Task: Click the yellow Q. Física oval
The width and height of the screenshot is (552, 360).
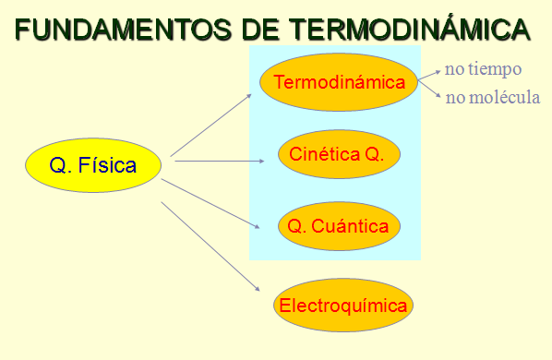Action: [93, 166]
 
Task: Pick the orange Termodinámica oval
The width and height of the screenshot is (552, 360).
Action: [340, 83]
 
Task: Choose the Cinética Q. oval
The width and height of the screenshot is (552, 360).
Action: [339, 153]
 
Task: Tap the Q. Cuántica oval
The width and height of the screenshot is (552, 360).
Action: [339, 225]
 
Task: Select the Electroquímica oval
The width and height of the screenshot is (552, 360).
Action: [343, 306]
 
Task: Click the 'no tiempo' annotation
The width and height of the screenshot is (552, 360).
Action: [483, 69]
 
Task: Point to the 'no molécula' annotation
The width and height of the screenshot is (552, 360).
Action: [492, 97]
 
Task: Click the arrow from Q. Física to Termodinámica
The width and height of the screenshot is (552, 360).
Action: [211, 123]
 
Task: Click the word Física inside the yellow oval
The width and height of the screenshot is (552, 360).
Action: [107, 166]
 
